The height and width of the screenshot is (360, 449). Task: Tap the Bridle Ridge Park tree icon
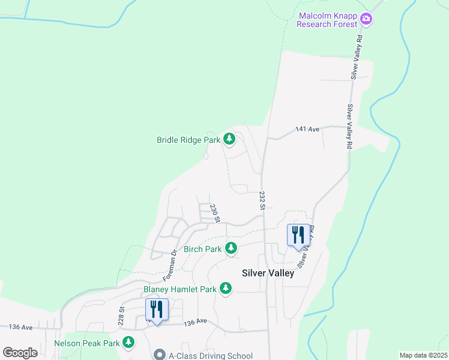pos(229,139)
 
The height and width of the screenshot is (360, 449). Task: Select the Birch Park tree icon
pos(231,248)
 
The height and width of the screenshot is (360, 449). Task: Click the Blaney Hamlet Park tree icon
pos(226,289)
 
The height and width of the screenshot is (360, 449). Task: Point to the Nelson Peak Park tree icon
pos(128,343)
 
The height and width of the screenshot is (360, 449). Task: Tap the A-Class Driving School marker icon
pos(159,355)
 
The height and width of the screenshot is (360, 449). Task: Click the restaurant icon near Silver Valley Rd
pos(298,235)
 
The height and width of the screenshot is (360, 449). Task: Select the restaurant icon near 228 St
pos(157,310)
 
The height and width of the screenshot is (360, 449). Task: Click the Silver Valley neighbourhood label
pos(268,273)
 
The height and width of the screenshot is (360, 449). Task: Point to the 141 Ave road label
pos(306,129)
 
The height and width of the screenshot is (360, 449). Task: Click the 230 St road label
pos(214,213)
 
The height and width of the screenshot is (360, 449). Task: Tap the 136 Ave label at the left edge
pos(20,327)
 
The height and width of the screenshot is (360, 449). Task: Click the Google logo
pos(20,352)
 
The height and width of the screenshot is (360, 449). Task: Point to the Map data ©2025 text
pos(423,355)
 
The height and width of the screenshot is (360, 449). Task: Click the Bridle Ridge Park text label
pos(188,140)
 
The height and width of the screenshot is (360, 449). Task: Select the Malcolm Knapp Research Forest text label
pos(328,19)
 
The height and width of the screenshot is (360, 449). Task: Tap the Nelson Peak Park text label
pos(88,343)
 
